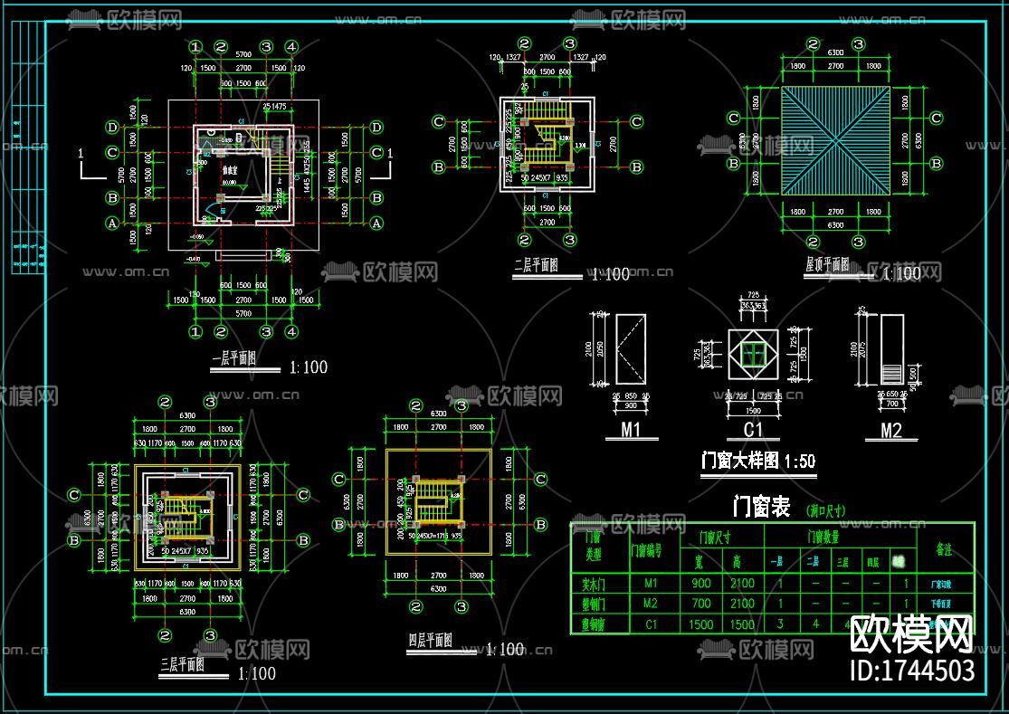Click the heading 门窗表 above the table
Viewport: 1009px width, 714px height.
[759, 507]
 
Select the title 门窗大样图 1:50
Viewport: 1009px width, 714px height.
[758, 461]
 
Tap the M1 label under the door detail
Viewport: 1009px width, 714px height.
[631, 431]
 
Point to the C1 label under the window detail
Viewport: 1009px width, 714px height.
[754, 431]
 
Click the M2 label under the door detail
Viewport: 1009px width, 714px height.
[891, 431]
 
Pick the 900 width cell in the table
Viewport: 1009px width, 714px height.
[699, 584]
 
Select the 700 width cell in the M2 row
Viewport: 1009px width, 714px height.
[699, 604]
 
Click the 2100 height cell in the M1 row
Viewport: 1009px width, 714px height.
[742, 584]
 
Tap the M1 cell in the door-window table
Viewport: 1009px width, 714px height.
[650, 584]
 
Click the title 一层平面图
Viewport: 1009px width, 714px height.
[234, 359]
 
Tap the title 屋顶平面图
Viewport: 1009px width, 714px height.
[827, 264]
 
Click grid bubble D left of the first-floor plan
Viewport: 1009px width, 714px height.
[113, 127]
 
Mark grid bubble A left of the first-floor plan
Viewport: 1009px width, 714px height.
[113, 222]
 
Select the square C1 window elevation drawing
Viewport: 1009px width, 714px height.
[754, 355]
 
